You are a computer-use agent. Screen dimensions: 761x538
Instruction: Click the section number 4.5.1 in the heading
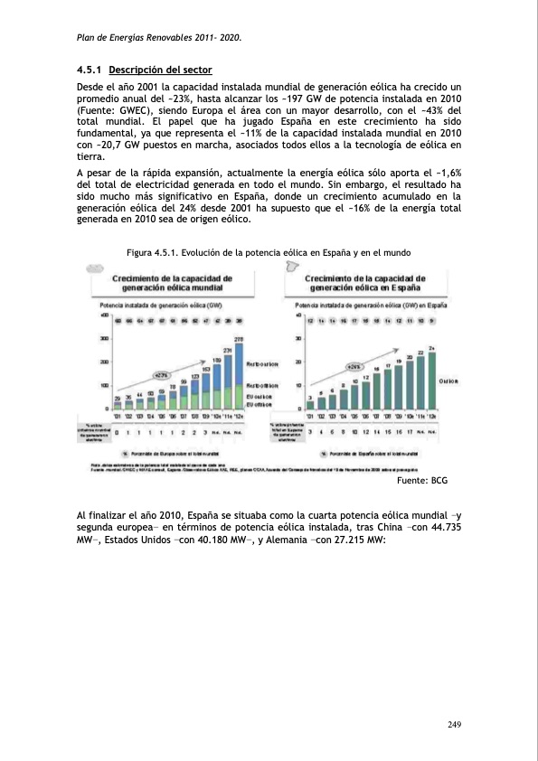click(x=90, y=70)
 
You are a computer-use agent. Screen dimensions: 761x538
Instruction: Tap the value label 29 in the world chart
click(x=117, y=398)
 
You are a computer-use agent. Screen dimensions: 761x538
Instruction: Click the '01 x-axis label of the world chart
click(x=118, y=416)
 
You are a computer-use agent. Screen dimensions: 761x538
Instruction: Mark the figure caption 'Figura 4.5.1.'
click(x=156, y=253)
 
